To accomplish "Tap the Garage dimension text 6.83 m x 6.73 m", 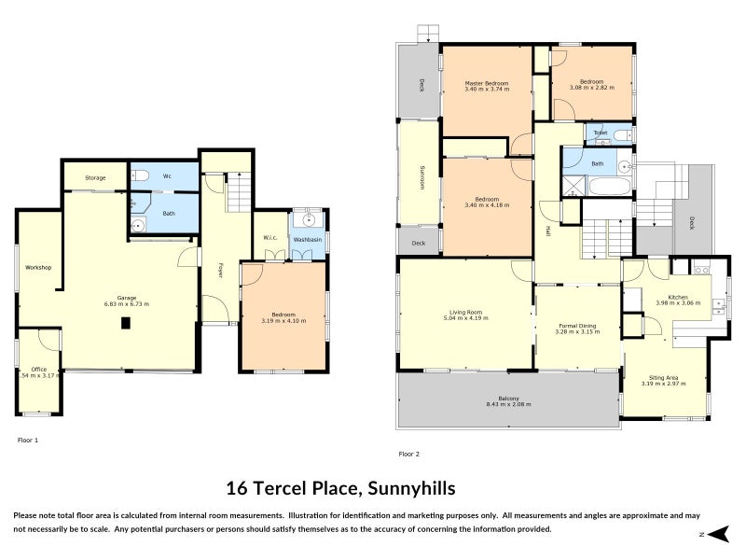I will tap(126, 303).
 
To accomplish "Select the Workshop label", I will tap(38, 268).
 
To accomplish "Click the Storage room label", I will tap(95, 177).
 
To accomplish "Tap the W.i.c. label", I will tap(271, 237).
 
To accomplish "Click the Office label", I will tap(38, 369).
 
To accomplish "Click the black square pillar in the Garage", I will tap(125, 324).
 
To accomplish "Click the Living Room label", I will tap(465, 312).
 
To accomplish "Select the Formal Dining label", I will tap(574, 324).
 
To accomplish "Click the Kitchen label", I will tap(678, 297).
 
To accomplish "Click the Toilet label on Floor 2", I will tap(601, 133).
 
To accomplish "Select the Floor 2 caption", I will tap(409, 454).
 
